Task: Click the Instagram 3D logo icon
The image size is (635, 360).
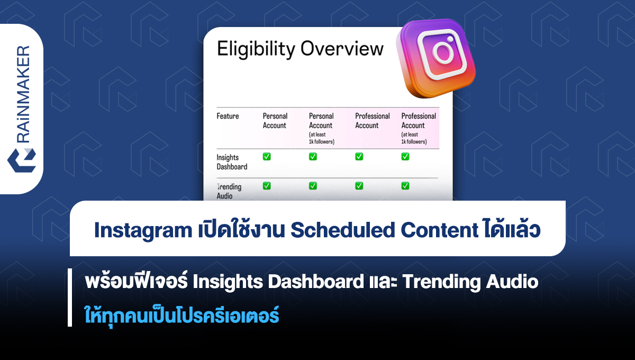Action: (x=436, y=58)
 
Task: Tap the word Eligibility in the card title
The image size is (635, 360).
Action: (x=256, y=49)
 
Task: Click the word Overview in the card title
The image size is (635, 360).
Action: (x=342, y=49)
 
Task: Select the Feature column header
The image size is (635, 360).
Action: (x=228, y=116)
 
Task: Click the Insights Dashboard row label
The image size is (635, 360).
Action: (x=232, y=162)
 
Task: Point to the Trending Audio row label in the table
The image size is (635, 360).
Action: (x=229, y=191)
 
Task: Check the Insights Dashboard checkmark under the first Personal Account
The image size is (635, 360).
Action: (x=267, y=157)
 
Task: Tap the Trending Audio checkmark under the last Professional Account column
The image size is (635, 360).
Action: (x=405, y=186)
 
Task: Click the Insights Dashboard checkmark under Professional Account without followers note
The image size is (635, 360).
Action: (x=359, y=157)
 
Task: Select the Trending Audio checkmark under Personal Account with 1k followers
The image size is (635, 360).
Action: (x=313, y=186)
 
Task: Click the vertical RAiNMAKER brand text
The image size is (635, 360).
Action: (x=23, y=94)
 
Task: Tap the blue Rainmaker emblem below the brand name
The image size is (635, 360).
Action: (x=22, y=160)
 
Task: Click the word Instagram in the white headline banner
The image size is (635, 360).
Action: (x=143, y=230)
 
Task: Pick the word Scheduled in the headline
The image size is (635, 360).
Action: (x=343, y=230)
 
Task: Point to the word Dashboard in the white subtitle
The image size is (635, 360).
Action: (x=316, y=282)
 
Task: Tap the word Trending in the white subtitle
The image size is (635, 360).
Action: (x=441, y=283)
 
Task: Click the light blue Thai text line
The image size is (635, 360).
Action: (x=182, y=316)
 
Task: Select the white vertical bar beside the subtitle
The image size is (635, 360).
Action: (x=70, y=298)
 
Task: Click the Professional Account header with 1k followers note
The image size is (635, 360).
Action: (x=419, y=129)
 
